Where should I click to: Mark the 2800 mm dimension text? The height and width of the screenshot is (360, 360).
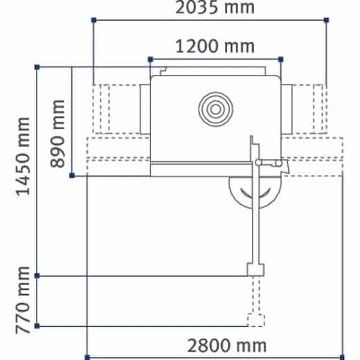tap(226, 344)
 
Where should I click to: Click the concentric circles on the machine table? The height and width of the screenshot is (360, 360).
tap(213, 108)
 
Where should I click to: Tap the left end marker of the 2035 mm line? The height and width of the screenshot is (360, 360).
tap(93, 21)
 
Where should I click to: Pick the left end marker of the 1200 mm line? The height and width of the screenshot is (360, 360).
tap(149, 60)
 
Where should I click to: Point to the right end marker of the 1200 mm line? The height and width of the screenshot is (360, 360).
tap(280, 60)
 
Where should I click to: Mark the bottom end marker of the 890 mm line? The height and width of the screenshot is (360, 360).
tap(72, 176)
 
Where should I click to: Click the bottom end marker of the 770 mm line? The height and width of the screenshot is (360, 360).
tap(37, 326)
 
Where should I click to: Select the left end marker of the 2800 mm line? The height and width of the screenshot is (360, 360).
tap(87, 357)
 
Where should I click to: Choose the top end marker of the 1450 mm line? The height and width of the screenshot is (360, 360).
tap(37, 67)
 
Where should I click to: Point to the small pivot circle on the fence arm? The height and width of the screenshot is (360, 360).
tap(258, 163)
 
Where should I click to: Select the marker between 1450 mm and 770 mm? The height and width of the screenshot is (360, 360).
tap(37, 276)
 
